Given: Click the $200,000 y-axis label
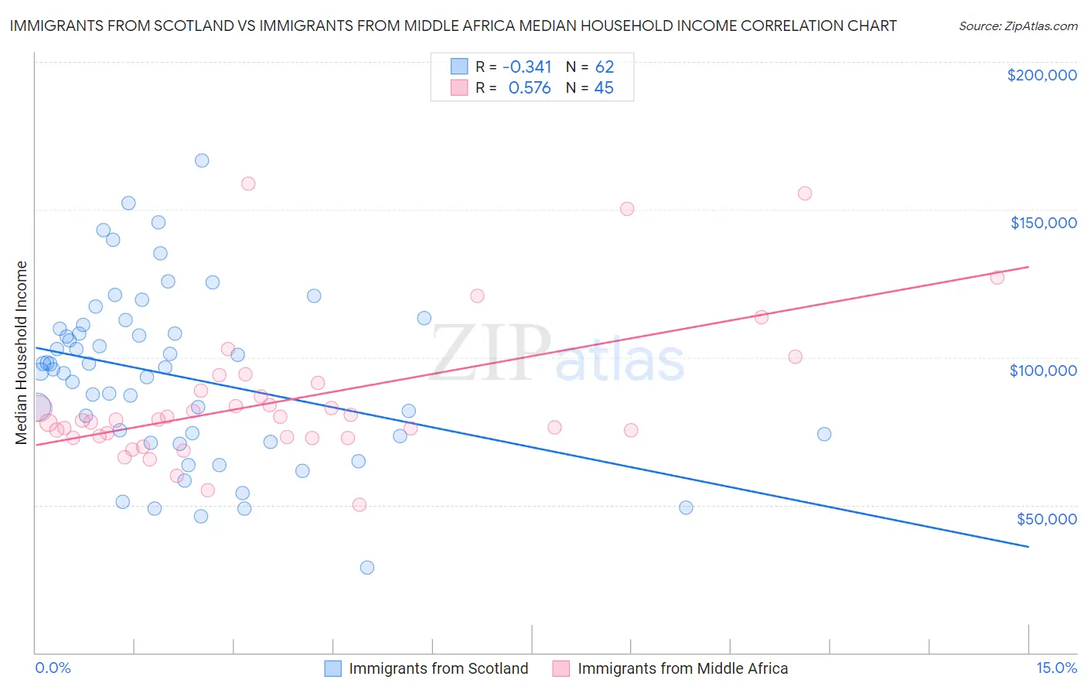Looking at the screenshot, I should click(x=1041, y=75).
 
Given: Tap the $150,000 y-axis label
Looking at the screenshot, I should click(x=1043, y=223).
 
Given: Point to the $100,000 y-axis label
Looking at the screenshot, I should click(x=1043, y=371).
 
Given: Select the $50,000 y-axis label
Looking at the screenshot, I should click(x=1046, y=518).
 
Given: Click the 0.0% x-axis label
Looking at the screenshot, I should click(x=53, y=668).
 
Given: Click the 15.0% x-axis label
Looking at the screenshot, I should click(x=1056, y=668).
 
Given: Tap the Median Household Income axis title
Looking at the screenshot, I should click(x=22, y=353).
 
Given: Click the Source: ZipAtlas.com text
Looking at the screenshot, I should click(x=1017, y=26).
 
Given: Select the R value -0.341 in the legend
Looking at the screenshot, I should click(x=526, y=67).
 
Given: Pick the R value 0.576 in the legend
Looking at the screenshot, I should click(x=530, y=88).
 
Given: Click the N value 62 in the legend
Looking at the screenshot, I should click(x=604, y=67).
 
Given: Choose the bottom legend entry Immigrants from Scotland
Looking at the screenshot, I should click(x=438, y=668).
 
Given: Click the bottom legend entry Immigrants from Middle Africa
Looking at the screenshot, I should click(x=682, y=668).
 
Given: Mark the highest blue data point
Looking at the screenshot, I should click(x=202, y=161).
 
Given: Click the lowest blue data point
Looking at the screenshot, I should click(x=367, y=568).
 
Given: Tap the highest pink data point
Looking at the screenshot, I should click(x=248, y=184).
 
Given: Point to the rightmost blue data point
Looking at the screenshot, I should click(x=824, y=434).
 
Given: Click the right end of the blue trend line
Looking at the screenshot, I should click(x=1028, y=547).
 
